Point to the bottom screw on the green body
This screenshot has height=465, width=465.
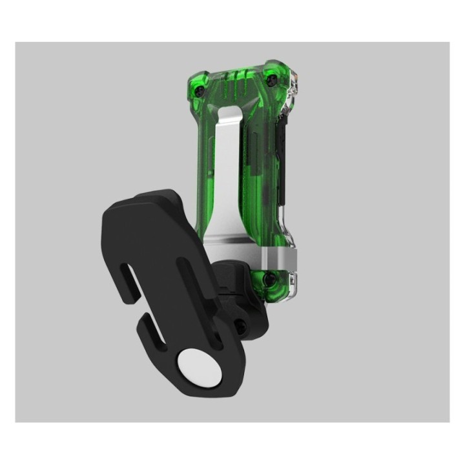click(270, 279)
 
